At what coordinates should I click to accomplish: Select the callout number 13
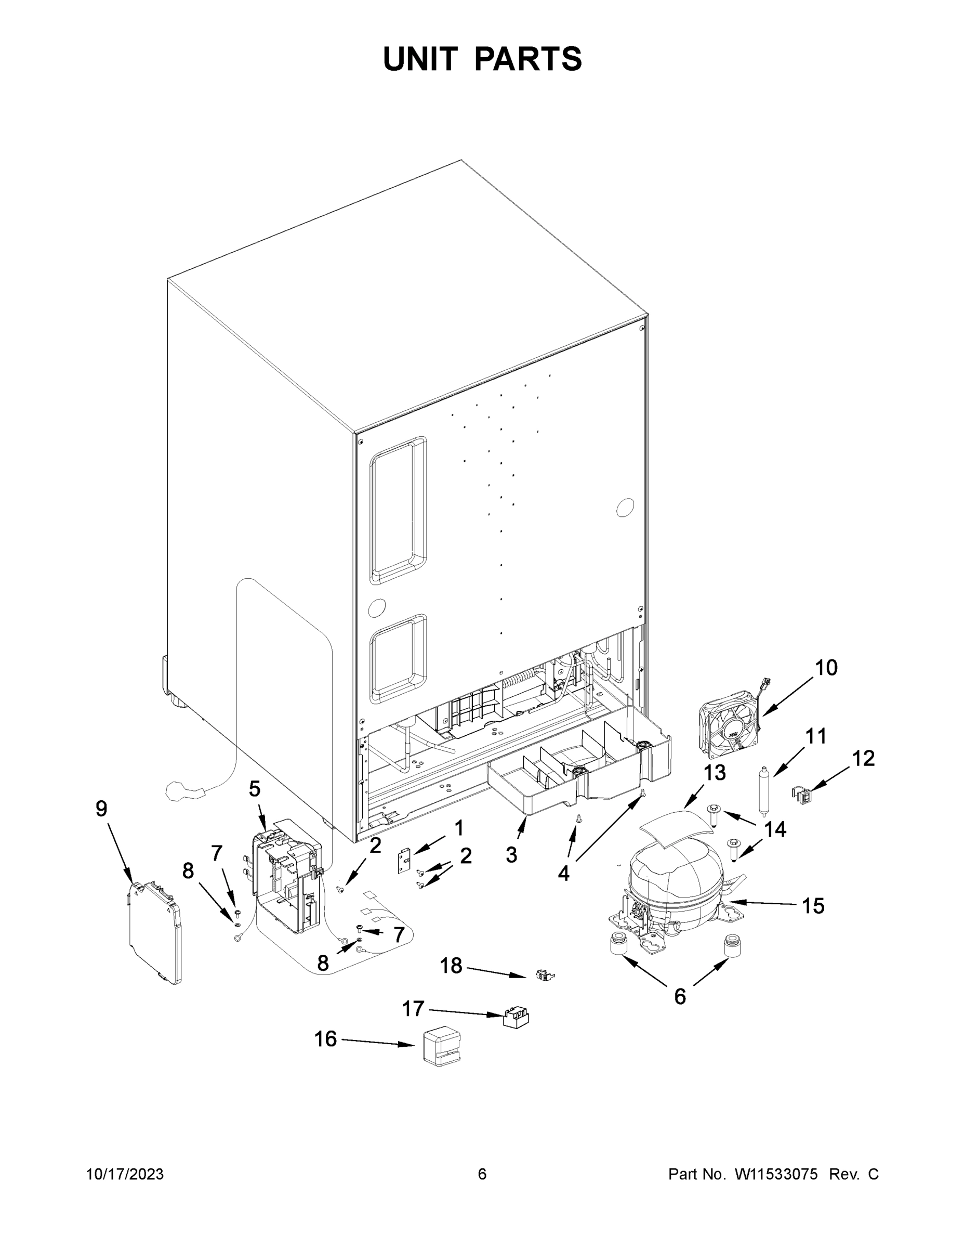click(x=714, y=773)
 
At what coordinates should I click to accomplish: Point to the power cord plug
click(x=183, y=792)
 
